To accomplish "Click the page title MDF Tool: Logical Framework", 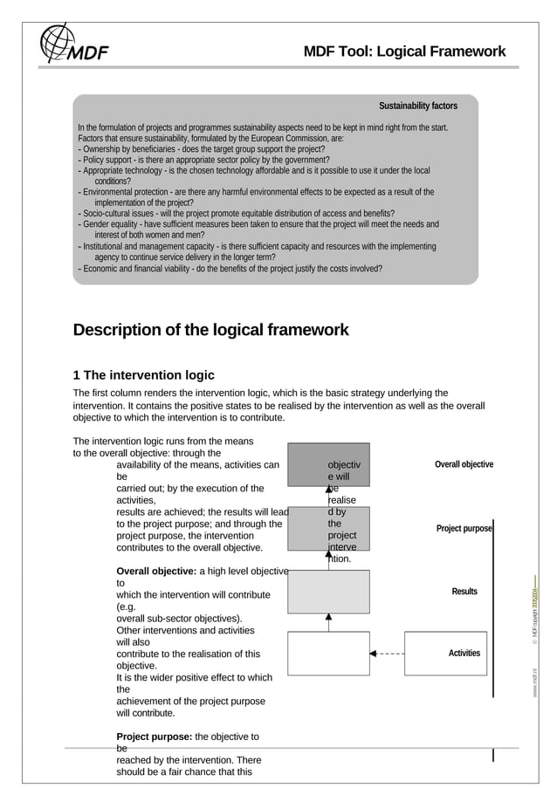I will (x=404, y=51).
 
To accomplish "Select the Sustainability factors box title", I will (x=417, y=106).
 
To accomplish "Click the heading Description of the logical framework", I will (x=210, y=330).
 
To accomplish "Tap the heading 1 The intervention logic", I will (x=143, y=375).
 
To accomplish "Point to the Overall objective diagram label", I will (x=464, y=464).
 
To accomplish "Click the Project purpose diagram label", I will (x=464, y=529).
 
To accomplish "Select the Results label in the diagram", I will (x=464, y=592).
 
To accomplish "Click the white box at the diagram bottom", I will (x=328, y=653).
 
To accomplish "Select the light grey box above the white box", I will (x=328, y=592).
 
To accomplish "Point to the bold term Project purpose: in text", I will (x=154, y=737).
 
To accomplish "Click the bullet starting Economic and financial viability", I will (x=230, y=268).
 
